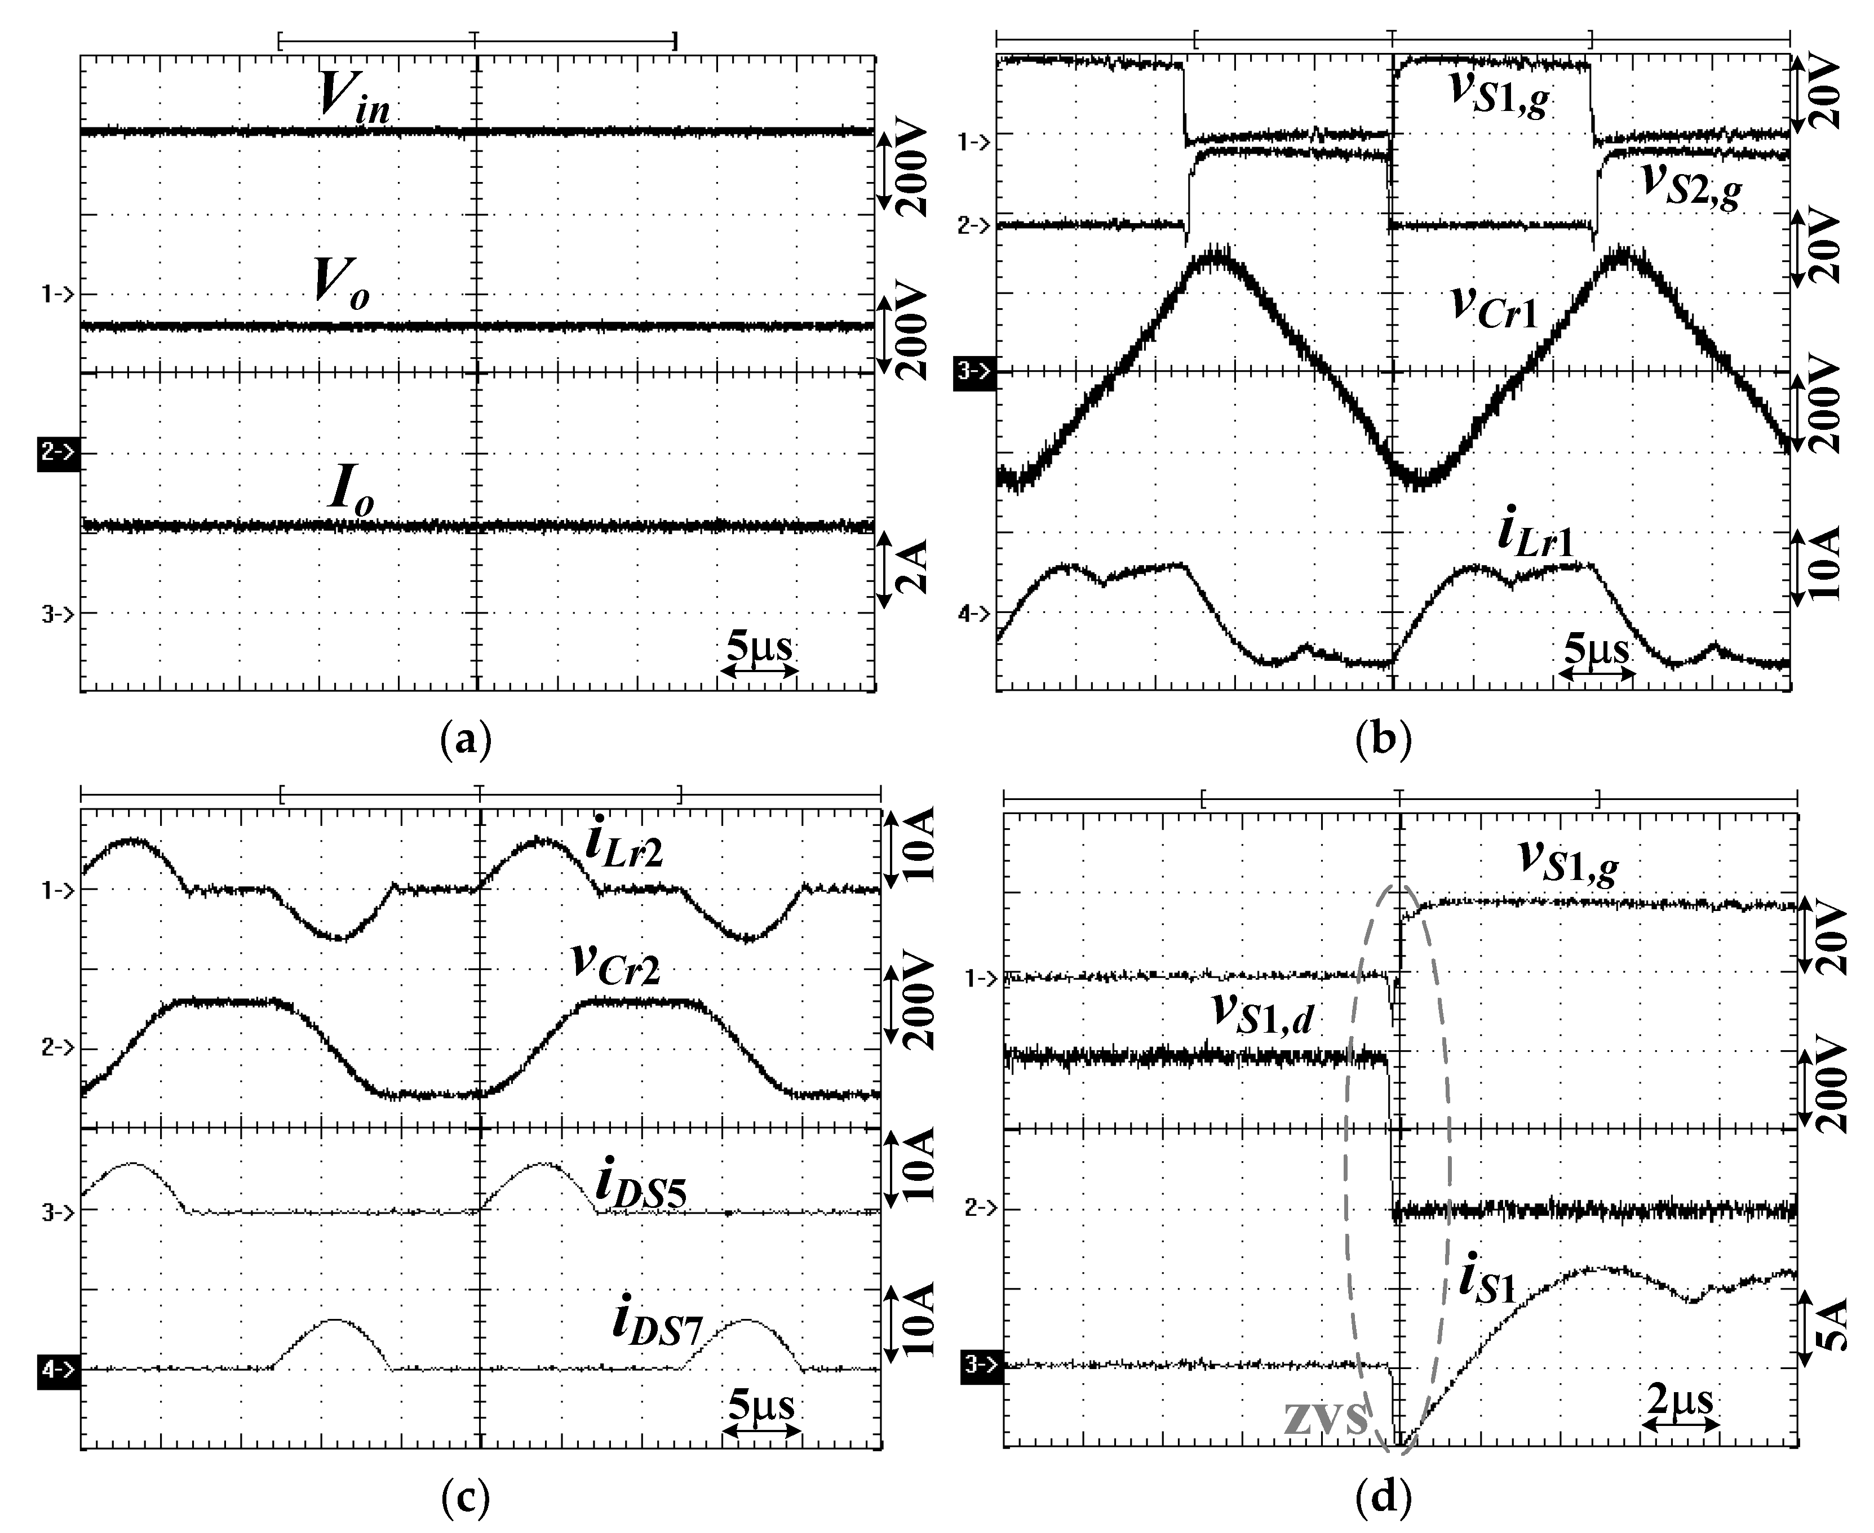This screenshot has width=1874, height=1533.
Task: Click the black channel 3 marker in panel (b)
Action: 974,372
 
